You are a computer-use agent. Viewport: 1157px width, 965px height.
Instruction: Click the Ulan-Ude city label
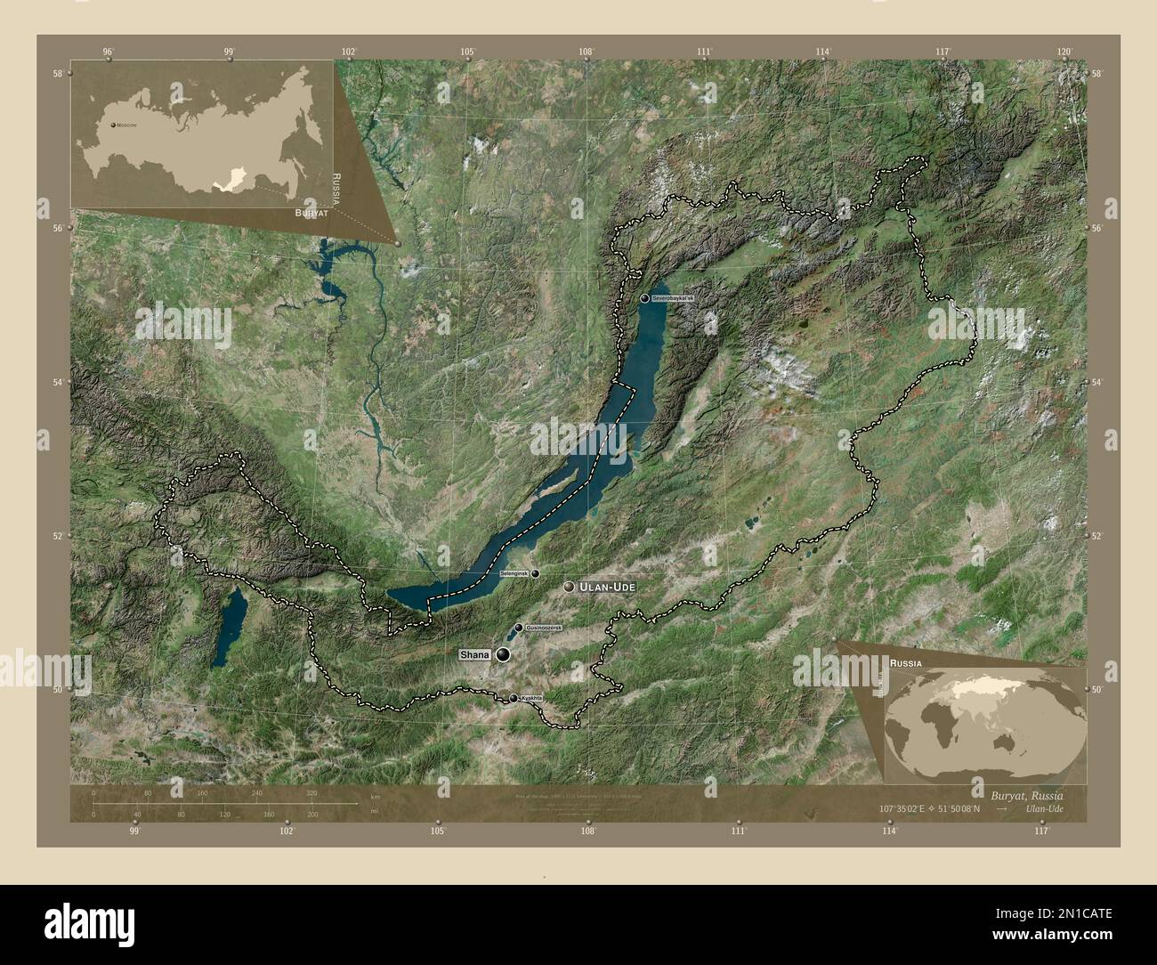click(609, 588)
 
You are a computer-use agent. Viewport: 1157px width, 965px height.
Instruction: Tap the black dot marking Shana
click(505, 655)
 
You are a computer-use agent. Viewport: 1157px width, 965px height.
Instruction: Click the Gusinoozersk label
click(545, 628)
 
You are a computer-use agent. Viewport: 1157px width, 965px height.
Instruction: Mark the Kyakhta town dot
click(513, 698)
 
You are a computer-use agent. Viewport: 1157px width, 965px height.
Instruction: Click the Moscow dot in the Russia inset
click(113, 126)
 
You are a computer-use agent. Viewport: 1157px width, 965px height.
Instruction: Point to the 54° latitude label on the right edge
click(1096, 382)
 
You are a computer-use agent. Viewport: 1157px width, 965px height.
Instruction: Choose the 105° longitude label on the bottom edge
click(437, 831)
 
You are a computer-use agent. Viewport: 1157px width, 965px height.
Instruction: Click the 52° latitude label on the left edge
click(59, 536)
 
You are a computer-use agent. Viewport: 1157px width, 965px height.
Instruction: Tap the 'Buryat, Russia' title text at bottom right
click(1026, 792)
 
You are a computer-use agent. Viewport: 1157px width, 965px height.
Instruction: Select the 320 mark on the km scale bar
click(311, 792)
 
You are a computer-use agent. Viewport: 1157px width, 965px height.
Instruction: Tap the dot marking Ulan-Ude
click(570, 588)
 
